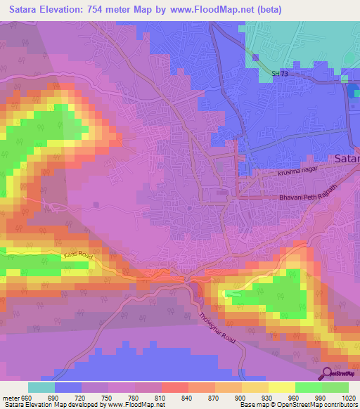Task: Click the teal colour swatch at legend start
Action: coord(41,387)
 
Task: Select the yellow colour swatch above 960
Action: coord(281,387)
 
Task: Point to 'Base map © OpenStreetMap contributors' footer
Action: coord(298,405)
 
